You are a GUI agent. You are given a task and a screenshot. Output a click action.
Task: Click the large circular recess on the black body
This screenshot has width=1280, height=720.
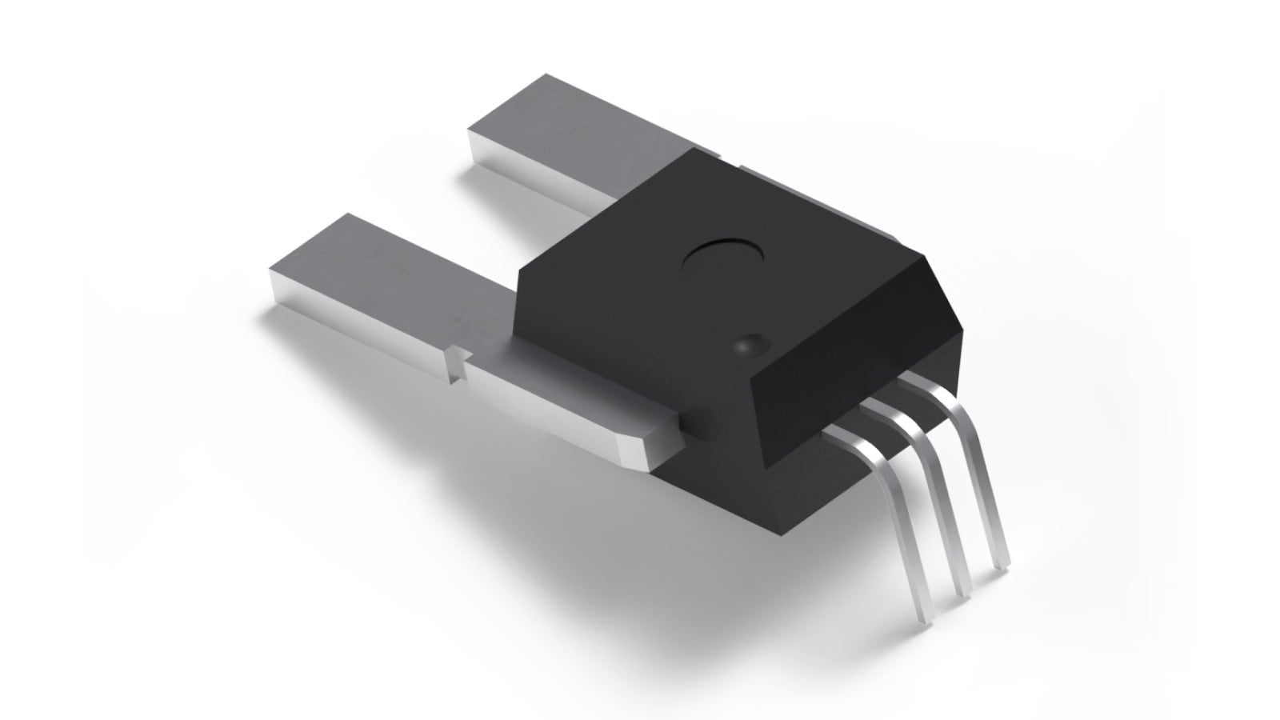tap(723, 258)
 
